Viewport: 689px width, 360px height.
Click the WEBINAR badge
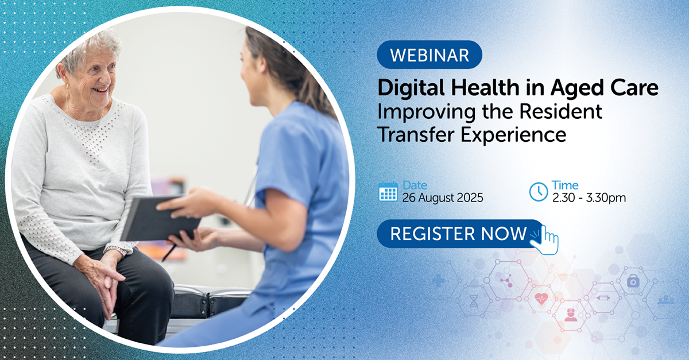[429, 55]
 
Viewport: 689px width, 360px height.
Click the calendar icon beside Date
[388, 191]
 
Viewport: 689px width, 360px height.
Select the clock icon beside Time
[539, 192]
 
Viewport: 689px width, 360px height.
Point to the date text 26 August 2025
[443, 198]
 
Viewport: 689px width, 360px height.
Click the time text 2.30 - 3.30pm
[589, 198]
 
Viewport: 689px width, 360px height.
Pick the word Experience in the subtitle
[513, 135]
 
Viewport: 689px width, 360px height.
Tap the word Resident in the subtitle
[560, 111]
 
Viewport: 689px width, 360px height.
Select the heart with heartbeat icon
[541, 298]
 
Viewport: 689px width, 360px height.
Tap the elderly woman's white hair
[89, 51]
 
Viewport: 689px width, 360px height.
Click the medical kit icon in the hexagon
[633, 281]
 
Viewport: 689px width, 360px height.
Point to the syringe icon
[603, 298]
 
